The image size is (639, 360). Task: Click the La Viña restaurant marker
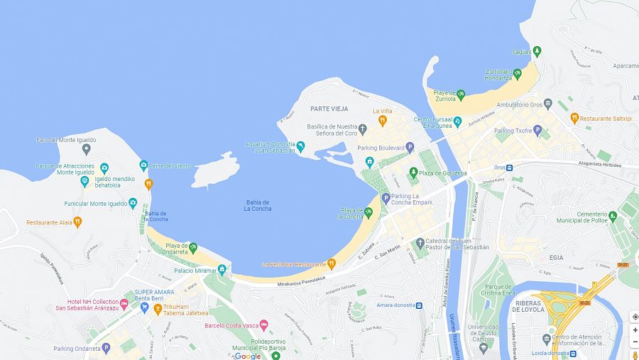click(382, 121)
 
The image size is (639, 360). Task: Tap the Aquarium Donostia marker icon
click(300, 146)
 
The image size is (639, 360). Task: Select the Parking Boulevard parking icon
click(410, 148)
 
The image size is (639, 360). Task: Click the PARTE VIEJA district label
click(327, 109)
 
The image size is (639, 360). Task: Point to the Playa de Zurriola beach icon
click(461, 94)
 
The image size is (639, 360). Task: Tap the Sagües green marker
click(537, 51)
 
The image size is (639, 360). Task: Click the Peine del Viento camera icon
click(143, 165)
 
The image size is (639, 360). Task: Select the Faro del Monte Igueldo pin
click(87, 149)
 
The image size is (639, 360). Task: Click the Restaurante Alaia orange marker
click(77, 222)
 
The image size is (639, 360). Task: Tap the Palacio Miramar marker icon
click(222, 270)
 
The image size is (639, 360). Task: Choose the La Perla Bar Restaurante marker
click(331, 264)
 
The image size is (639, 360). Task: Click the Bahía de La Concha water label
click(258, 205)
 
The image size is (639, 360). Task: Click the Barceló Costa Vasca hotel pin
click(264, 325)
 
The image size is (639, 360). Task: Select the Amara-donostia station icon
click(419, 305)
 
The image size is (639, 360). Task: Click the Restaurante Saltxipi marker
click(574, 118)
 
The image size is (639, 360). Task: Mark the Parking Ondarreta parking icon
click(106, 348)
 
